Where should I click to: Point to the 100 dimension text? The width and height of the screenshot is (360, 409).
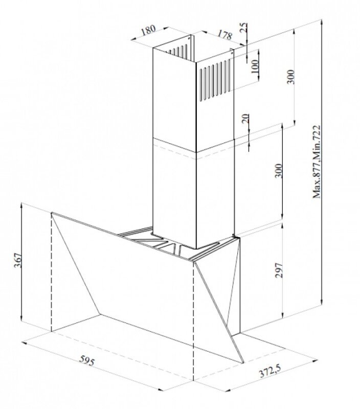(255, 65)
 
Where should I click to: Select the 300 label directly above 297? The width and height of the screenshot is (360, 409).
(278, 171)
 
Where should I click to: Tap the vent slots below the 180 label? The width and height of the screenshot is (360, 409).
(176, 53)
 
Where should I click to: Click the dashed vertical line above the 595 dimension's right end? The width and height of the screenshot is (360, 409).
(193, 327)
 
